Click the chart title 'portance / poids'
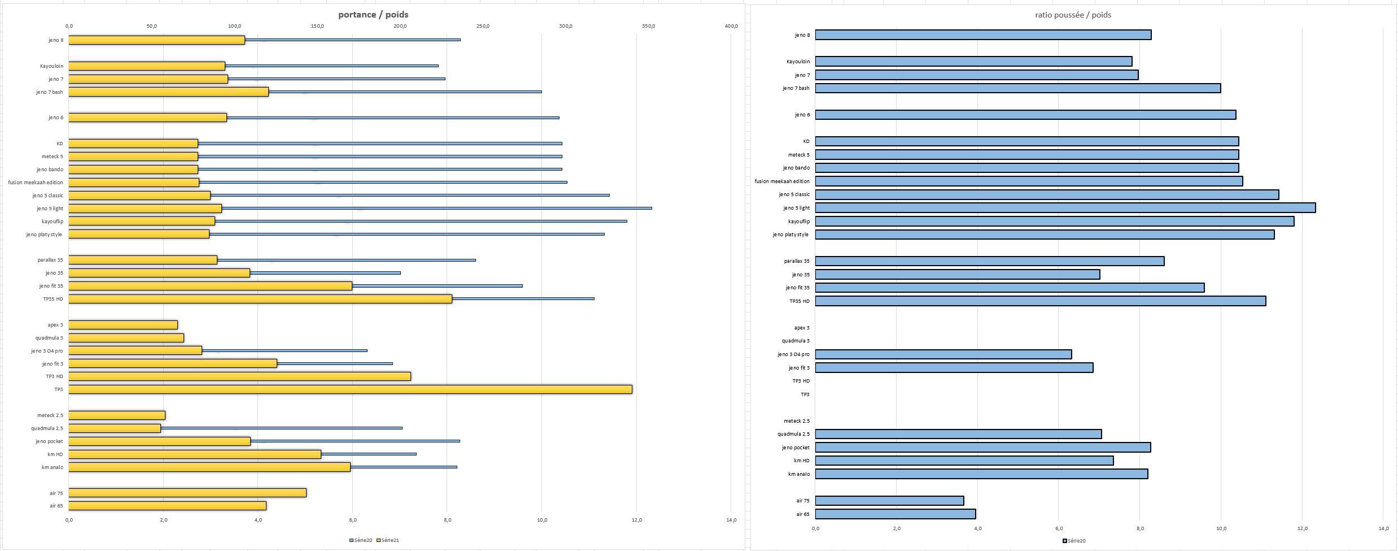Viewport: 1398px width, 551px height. pyautogui.click(x=373, y=15)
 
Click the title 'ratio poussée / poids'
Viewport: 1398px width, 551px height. pyautogui.click(x=1073, y=15)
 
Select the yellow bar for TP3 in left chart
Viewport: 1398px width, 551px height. pyautogui.click(x=350, y=389)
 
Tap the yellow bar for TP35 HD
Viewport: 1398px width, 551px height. pyautogui.click(x=260, y=299)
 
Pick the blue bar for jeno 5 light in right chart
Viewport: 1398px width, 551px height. pyautogui.click(x=1065, y=208)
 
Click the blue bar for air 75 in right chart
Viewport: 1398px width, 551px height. pyautogui.click(x=889, y=501)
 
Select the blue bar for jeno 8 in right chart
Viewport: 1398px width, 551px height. pyautogui.click(x=982, y=35)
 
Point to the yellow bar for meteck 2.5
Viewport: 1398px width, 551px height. pyautogui.click(x=117, y=415)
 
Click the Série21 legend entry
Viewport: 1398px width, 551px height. pyautogui.click(x=390, y=540)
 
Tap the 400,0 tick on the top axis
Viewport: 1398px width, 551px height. pyautogui.click(x=731, y=26)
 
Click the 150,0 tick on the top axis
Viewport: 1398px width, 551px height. pyautogui.click(x=317, y=26)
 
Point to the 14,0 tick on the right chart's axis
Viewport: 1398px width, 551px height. pyautogui.click(x=1383, y=528)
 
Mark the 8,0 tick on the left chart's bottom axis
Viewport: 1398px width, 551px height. pyautogui.click(x=447, y=520)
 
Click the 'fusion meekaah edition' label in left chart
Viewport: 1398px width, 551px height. pyautogui.click(x=36, y=183)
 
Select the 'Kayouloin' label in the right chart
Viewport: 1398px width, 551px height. pyautogui.click(x=798, y=62)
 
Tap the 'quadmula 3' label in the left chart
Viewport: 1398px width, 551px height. pyautogui.click(x=49, y=338)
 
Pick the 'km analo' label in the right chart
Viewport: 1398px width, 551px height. pyautogui.click(x=799, y=474)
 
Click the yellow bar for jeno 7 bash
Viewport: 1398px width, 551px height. pyautogui.click(x=168, y=92)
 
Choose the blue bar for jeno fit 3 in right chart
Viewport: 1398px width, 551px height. pyautogui.click(x=954, y=368)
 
